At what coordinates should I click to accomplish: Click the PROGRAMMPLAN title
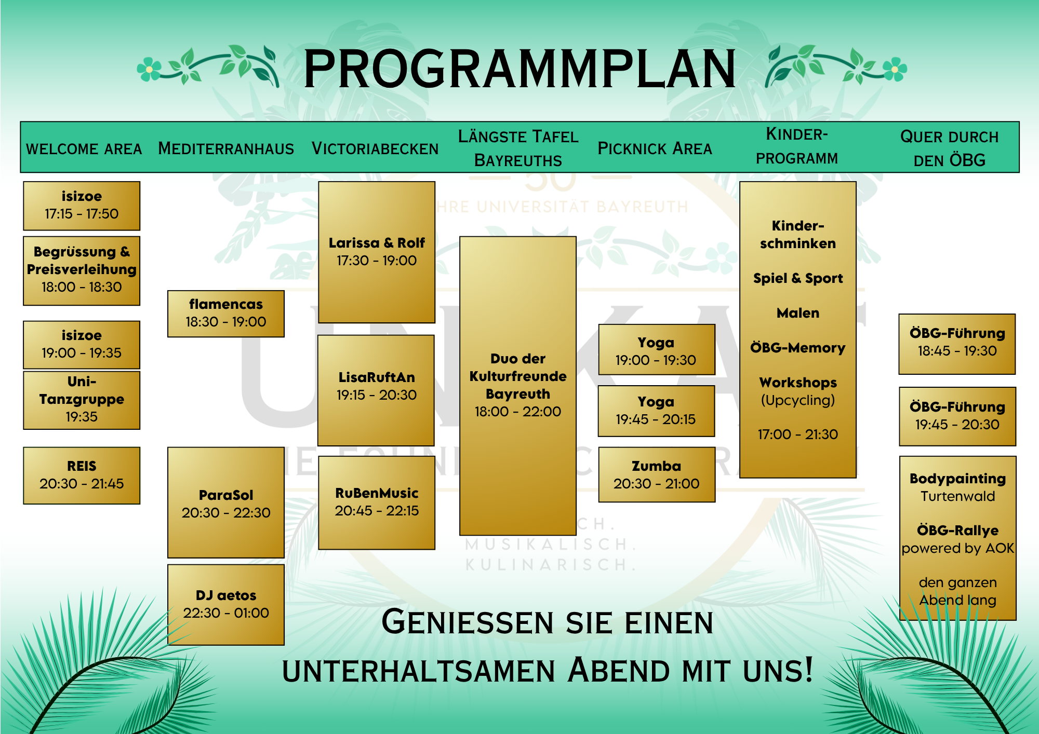pos(519,69)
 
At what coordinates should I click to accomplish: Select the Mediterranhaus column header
pos(226,148)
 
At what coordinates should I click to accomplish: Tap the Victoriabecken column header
pos(375,148)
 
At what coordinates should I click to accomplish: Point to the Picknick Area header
pos(655,148)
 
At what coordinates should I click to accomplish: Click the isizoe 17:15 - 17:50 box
pos(82,206)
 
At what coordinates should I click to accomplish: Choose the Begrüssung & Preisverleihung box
pos(82,270)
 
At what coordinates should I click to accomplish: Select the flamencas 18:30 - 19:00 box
pos(226,314)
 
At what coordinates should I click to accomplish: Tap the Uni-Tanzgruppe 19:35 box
pos(82,400)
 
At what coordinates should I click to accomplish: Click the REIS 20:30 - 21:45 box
pos(82,475)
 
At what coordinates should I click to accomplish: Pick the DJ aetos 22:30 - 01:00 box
pos(226,605)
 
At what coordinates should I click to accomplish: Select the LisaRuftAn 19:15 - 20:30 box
pos(377,390)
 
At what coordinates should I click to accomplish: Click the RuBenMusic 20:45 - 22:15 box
pos(377,502)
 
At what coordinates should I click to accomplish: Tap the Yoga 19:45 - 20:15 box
pos(657,411)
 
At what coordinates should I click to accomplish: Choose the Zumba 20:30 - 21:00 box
pos(657,474)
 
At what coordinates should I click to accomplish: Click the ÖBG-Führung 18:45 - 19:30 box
pos(957,344)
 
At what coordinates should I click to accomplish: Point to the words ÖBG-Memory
pos(798,348)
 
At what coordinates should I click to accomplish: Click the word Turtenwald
pos(958,496)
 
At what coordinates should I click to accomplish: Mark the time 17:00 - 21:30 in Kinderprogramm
pos(798,434)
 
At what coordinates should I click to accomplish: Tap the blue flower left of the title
pos(149,69)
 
